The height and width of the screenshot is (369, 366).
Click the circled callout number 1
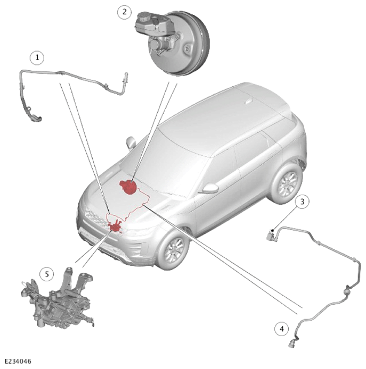coord(37,57)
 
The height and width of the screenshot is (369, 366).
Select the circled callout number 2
coord(125,12)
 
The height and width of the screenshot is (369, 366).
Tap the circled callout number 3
coord(302,202)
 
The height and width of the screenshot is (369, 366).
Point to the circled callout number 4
coord(282,329)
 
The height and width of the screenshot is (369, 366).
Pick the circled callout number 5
coord(47,274)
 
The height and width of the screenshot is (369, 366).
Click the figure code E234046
coord(18,361)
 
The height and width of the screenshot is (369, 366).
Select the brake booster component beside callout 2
coord(173,44)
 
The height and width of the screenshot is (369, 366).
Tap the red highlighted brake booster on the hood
coord(128,187)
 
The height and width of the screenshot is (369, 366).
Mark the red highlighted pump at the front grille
coord(115,226)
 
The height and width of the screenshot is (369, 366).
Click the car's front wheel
coord(173,250)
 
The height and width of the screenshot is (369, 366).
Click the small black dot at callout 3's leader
coord(272,230)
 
